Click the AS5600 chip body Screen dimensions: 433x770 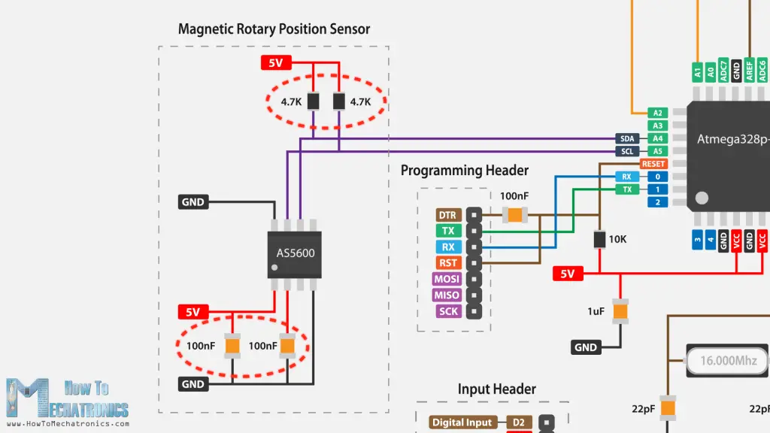pos(295,254)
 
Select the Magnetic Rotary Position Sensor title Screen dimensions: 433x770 pos(274,29)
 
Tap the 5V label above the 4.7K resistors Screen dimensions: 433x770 pos(275,63)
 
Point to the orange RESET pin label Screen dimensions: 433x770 pos(653,164)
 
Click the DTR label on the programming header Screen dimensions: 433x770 pos(447,215)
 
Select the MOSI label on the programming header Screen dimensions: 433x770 pos(447,279)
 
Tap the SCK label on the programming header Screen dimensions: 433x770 pos(447,311)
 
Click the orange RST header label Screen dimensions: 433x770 pos(447,263)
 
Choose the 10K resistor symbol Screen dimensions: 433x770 pos(599,239)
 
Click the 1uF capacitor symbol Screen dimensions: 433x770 pos(620,310)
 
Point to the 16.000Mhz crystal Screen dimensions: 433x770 pos(728,361)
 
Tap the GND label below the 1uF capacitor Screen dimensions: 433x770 pos(586,347)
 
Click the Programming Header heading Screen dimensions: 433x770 pos(464,171)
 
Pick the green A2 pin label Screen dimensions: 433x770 pos(658,113)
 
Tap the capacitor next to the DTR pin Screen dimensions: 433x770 pos(514,215)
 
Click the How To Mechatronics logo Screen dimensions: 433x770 pos(68,398)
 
